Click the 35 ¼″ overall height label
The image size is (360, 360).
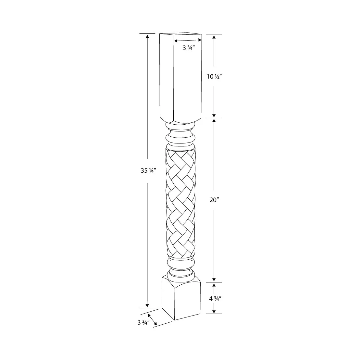148,171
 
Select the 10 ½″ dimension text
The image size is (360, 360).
214,77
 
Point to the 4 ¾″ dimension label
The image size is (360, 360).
215,299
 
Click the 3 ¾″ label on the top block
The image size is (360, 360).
189,48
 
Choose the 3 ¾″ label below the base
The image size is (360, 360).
143,322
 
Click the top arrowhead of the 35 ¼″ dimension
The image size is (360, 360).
147,36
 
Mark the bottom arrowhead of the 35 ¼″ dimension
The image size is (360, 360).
147,305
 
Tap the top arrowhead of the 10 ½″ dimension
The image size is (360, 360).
214,37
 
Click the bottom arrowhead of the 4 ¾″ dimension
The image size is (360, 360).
214,311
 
